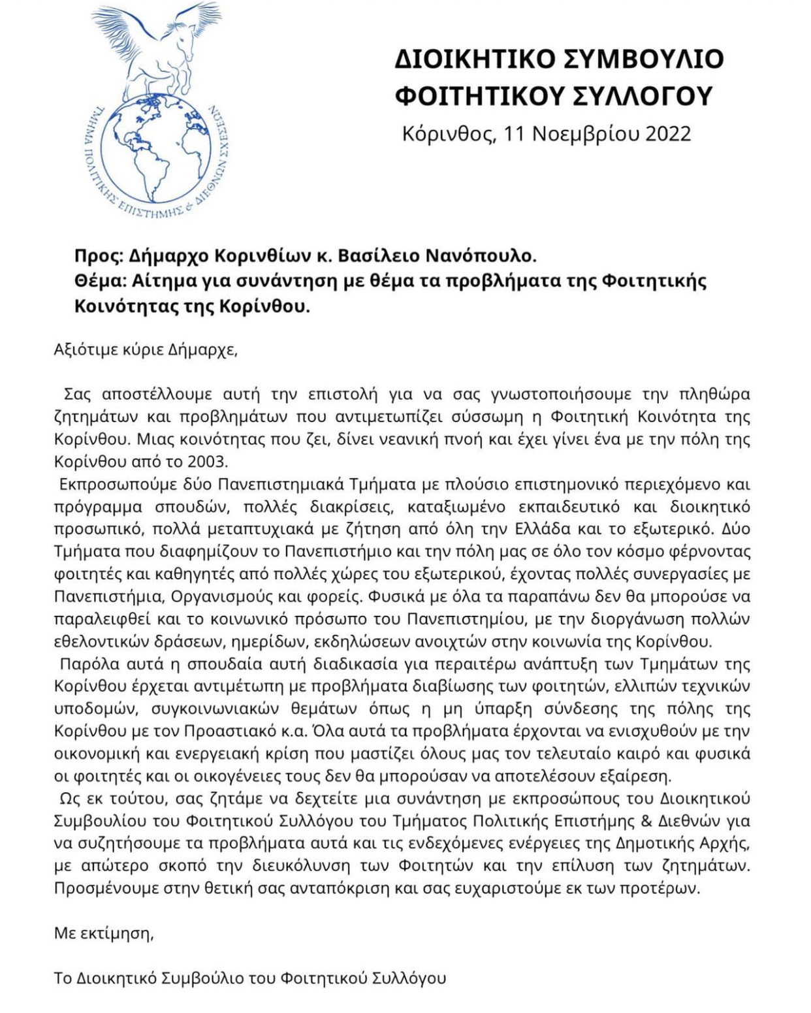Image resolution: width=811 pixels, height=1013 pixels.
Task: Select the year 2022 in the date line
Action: [x=668, y=134]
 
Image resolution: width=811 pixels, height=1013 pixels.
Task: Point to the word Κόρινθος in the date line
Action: [x=449, y=134]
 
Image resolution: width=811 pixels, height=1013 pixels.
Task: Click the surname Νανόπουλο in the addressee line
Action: [x=480, y=255]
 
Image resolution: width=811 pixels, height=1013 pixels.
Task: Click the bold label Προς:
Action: [x=98, y=255]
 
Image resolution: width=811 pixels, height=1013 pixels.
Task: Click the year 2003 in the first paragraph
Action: [x=207, y=462]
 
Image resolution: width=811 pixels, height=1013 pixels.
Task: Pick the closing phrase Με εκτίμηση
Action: [x=104, y=934]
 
